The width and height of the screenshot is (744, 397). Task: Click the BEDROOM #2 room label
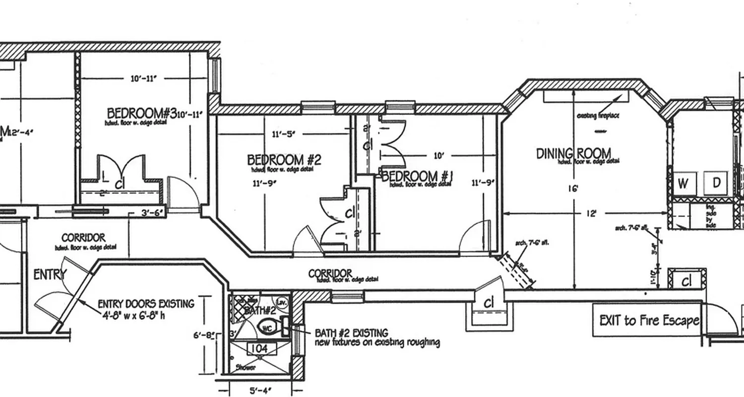coord(284,160)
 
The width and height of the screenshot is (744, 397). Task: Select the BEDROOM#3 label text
coord(141,113)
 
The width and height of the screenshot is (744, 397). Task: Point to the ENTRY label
coord(49,274)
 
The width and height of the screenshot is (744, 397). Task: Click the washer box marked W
coord(683,183)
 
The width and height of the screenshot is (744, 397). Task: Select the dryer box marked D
coord(716,183)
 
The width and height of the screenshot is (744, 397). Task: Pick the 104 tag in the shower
coord(259,349)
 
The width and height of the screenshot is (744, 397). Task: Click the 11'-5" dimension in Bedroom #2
coord(283,133)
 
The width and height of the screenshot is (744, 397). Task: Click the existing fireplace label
coord(598,116)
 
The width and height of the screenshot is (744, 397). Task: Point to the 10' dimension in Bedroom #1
coord(438,156)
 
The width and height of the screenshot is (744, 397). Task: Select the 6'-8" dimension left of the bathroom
coord(204,336)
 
